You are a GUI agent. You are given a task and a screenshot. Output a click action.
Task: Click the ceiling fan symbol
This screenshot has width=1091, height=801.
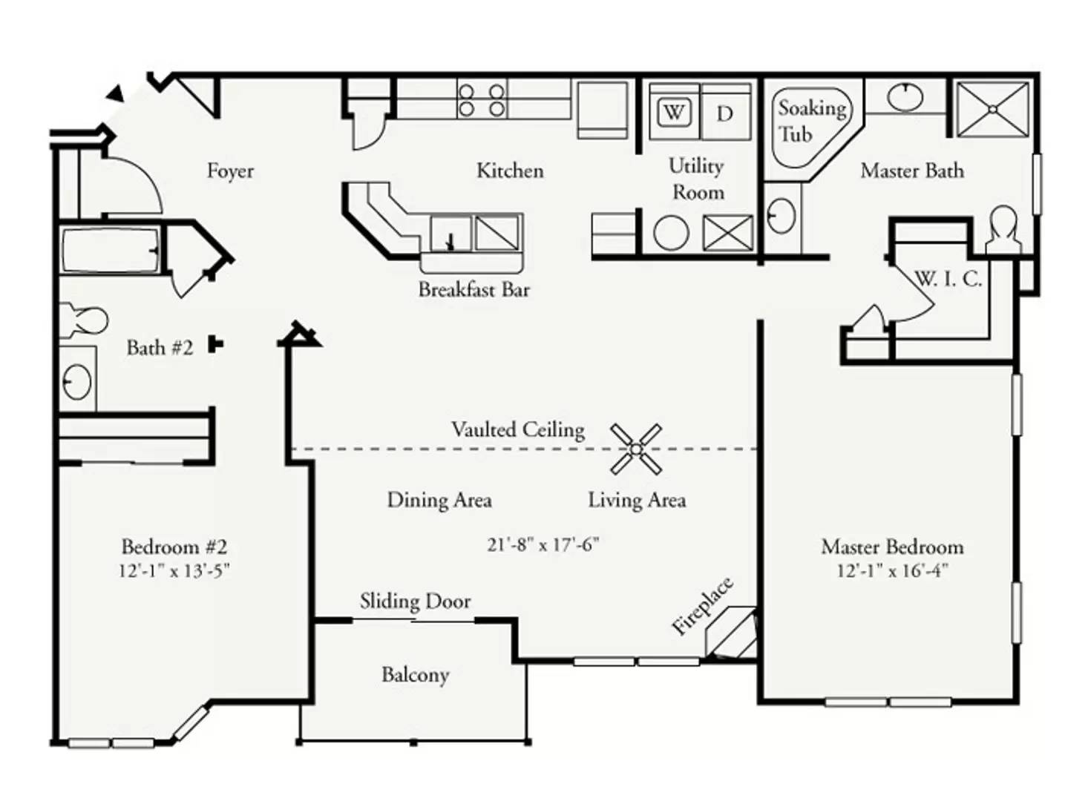pyautogui.click(x=636, y=449)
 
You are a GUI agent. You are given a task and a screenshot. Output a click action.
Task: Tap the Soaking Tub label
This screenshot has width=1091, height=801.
pyautogui.click(x=812, y=121)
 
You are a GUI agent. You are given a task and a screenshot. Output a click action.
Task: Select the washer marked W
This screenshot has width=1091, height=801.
pyautogui.click(x=674, y=113)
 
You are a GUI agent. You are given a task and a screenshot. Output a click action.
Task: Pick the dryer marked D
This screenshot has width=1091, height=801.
pyautogui.click(x=726, y=113)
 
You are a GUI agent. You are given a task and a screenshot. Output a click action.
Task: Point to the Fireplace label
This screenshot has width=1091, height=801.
pyautogui.click(x=701, y=607)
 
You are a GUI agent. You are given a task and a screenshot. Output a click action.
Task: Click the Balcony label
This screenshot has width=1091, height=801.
pyautogui.click(x=416, y=676)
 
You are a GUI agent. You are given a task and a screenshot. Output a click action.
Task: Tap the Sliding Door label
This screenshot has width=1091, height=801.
pyautogui.click(x=416, y=601)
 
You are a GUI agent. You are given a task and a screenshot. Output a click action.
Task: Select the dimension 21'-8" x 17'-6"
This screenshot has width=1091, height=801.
pyautogui.click(x=543, y=545)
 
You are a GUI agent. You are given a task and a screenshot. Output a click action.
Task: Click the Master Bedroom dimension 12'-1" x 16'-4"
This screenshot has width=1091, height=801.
pyautogui.click(x=893, y=570)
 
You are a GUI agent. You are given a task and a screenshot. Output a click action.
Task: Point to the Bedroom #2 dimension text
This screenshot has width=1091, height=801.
pyautogui.click(x=174, y=570)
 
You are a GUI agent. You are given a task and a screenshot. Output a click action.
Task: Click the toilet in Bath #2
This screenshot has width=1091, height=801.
pyautogui.click(x=84, y=320)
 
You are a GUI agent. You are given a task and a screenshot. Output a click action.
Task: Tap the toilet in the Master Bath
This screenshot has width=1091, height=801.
pyautogui.click(x=1004, y=230)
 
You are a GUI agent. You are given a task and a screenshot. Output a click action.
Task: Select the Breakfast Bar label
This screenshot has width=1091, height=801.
pyautogui.click(x=474, y=290)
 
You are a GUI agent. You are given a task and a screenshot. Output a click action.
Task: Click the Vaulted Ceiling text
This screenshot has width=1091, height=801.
pyautogui.click(x=518, y=430)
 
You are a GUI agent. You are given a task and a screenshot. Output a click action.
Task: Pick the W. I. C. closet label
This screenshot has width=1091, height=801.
pyautogui.click(x=949, y=280)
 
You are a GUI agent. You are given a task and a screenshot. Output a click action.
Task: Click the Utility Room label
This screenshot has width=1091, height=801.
pyautogui.click(x=696, y=179)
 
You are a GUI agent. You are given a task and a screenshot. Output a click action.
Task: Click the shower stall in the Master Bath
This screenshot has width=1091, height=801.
pyautogui.click(x=993, y=110)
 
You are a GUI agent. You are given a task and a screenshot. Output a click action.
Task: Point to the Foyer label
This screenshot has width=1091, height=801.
pyautogui.click(x=230, y=171)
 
